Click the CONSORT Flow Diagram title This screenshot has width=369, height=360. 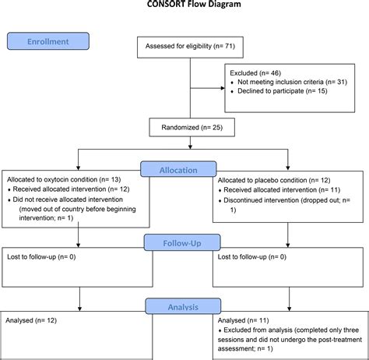click(x=184, y=4)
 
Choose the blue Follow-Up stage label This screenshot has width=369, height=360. click(x=183, y=243)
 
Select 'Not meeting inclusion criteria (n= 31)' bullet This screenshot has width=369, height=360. click(x=286, y=83)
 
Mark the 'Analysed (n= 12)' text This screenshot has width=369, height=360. click(x=30, y=320)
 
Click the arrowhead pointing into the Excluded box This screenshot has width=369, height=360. click(x=223, y=87)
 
